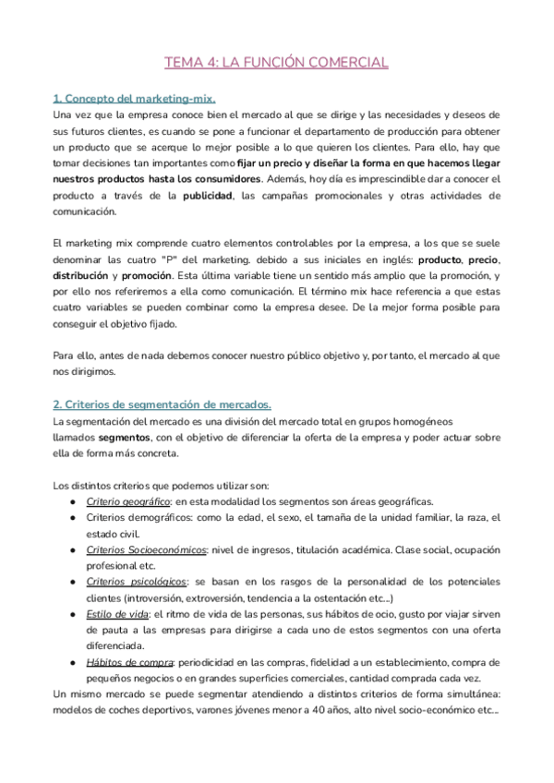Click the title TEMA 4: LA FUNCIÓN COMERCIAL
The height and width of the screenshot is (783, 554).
click(276, 63)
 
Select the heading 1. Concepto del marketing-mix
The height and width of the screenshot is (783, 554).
click(134, 98)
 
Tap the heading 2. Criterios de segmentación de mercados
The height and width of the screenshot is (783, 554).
click(162, 404)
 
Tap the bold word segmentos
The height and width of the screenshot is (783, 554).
click(125, 438)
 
